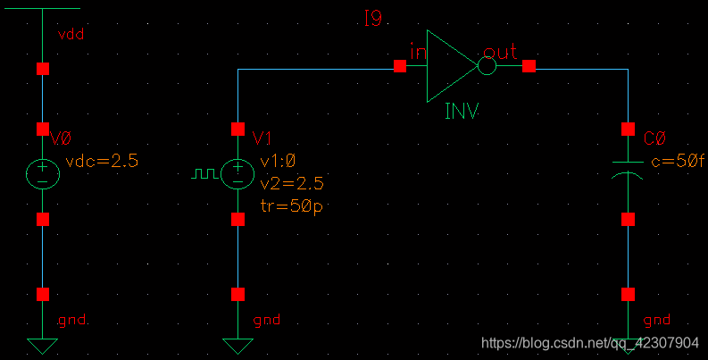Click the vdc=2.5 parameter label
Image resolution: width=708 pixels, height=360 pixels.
(102, 161)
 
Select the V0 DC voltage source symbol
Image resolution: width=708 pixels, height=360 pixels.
(43, 173)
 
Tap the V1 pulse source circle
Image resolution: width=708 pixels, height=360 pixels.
(237, 173)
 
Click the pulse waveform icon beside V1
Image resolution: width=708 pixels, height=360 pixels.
(204, 173)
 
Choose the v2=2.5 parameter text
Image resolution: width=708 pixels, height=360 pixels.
(291, 183)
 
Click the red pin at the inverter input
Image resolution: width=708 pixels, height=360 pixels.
(400, 66)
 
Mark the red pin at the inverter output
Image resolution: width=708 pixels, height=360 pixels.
(529, 66)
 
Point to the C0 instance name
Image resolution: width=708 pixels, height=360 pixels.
(654, 138)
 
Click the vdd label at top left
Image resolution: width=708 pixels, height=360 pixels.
(71, 34)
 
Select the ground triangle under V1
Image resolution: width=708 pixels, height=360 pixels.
(237, 346)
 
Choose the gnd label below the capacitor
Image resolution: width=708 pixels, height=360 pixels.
(656, 320)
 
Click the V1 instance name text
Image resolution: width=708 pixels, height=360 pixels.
(262, 138)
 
